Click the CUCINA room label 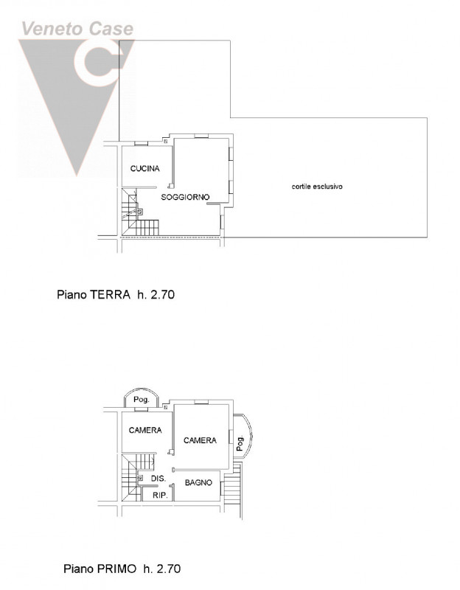point(144,169)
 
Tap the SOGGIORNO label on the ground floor point(185,197)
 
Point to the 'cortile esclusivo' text point(317,187)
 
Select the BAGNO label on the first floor point(198,482)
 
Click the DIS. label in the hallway point(158,479)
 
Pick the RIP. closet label point(160,496)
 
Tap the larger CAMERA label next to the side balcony point(200,440)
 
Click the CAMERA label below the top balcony point(145,430)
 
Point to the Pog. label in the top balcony point(142,400)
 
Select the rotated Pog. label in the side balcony point(240,443)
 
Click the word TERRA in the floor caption point(110,294)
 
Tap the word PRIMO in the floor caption point(116,568)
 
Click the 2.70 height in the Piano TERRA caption point(162,294)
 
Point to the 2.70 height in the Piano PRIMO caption point(169,568)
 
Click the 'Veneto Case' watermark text point(77,29)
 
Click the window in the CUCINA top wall point(142,143)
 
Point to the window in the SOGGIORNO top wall point(201,136)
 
